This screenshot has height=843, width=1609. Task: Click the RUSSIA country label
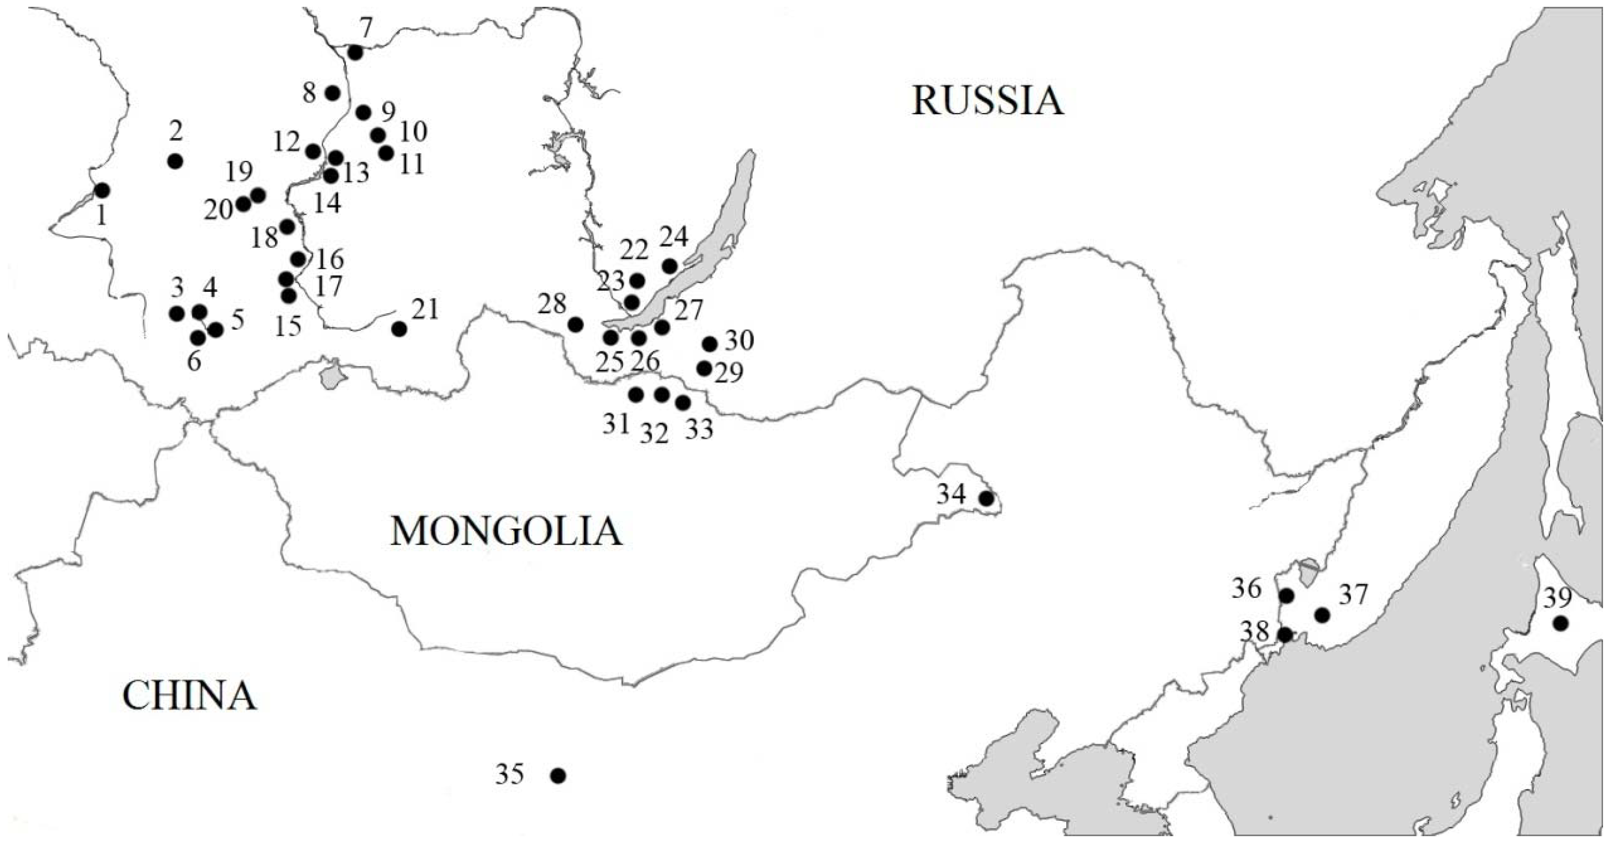click(x=987, y=101)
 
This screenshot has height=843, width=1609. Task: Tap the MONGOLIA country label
click(x=506, y=532)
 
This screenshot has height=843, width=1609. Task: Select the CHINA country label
click(x=189, y=696)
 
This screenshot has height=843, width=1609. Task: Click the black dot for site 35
click(x=558, y=775)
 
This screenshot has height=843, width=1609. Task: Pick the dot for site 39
click(x=1560, y=623)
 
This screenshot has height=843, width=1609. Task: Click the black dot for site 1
click(x=102, y=190)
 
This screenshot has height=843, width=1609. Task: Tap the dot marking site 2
click(x=175, y=161)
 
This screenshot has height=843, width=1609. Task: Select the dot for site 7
click(x=355, y=53)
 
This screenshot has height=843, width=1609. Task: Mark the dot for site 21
click(x=399, y=329)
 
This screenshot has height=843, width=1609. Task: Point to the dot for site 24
click(x=669, y=267)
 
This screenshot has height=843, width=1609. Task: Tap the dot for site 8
click(x=333, y=93)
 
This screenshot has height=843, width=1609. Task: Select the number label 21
click(x=425, y=309)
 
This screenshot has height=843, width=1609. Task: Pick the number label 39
click(x=1558, y=598)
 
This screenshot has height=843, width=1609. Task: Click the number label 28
click(x=552, y=305)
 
